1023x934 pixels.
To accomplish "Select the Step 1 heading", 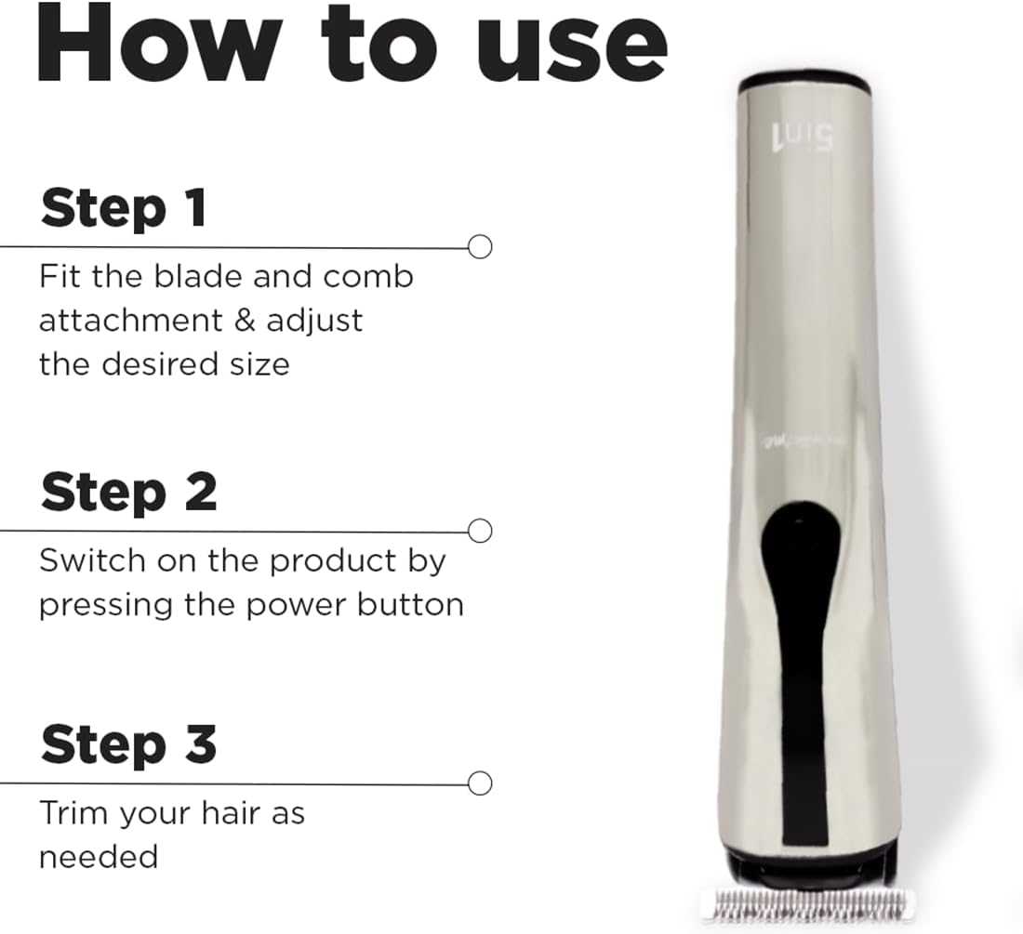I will pos(123,208).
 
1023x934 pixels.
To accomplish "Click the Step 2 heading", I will pos(128,492).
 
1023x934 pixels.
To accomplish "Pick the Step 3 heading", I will pos(128,744).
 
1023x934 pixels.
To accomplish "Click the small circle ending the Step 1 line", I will pos(480,247).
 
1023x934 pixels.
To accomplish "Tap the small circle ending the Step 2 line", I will pos(480,532).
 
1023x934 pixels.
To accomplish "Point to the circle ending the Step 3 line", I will pos(480,783).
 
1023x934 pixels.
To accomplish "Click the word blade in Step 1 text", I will pos(191,277).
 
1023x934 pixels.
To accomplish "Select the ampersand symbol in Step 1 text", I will pos(242,321).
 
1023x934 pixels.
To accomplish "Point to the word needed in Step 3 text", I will pos(98,856).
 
